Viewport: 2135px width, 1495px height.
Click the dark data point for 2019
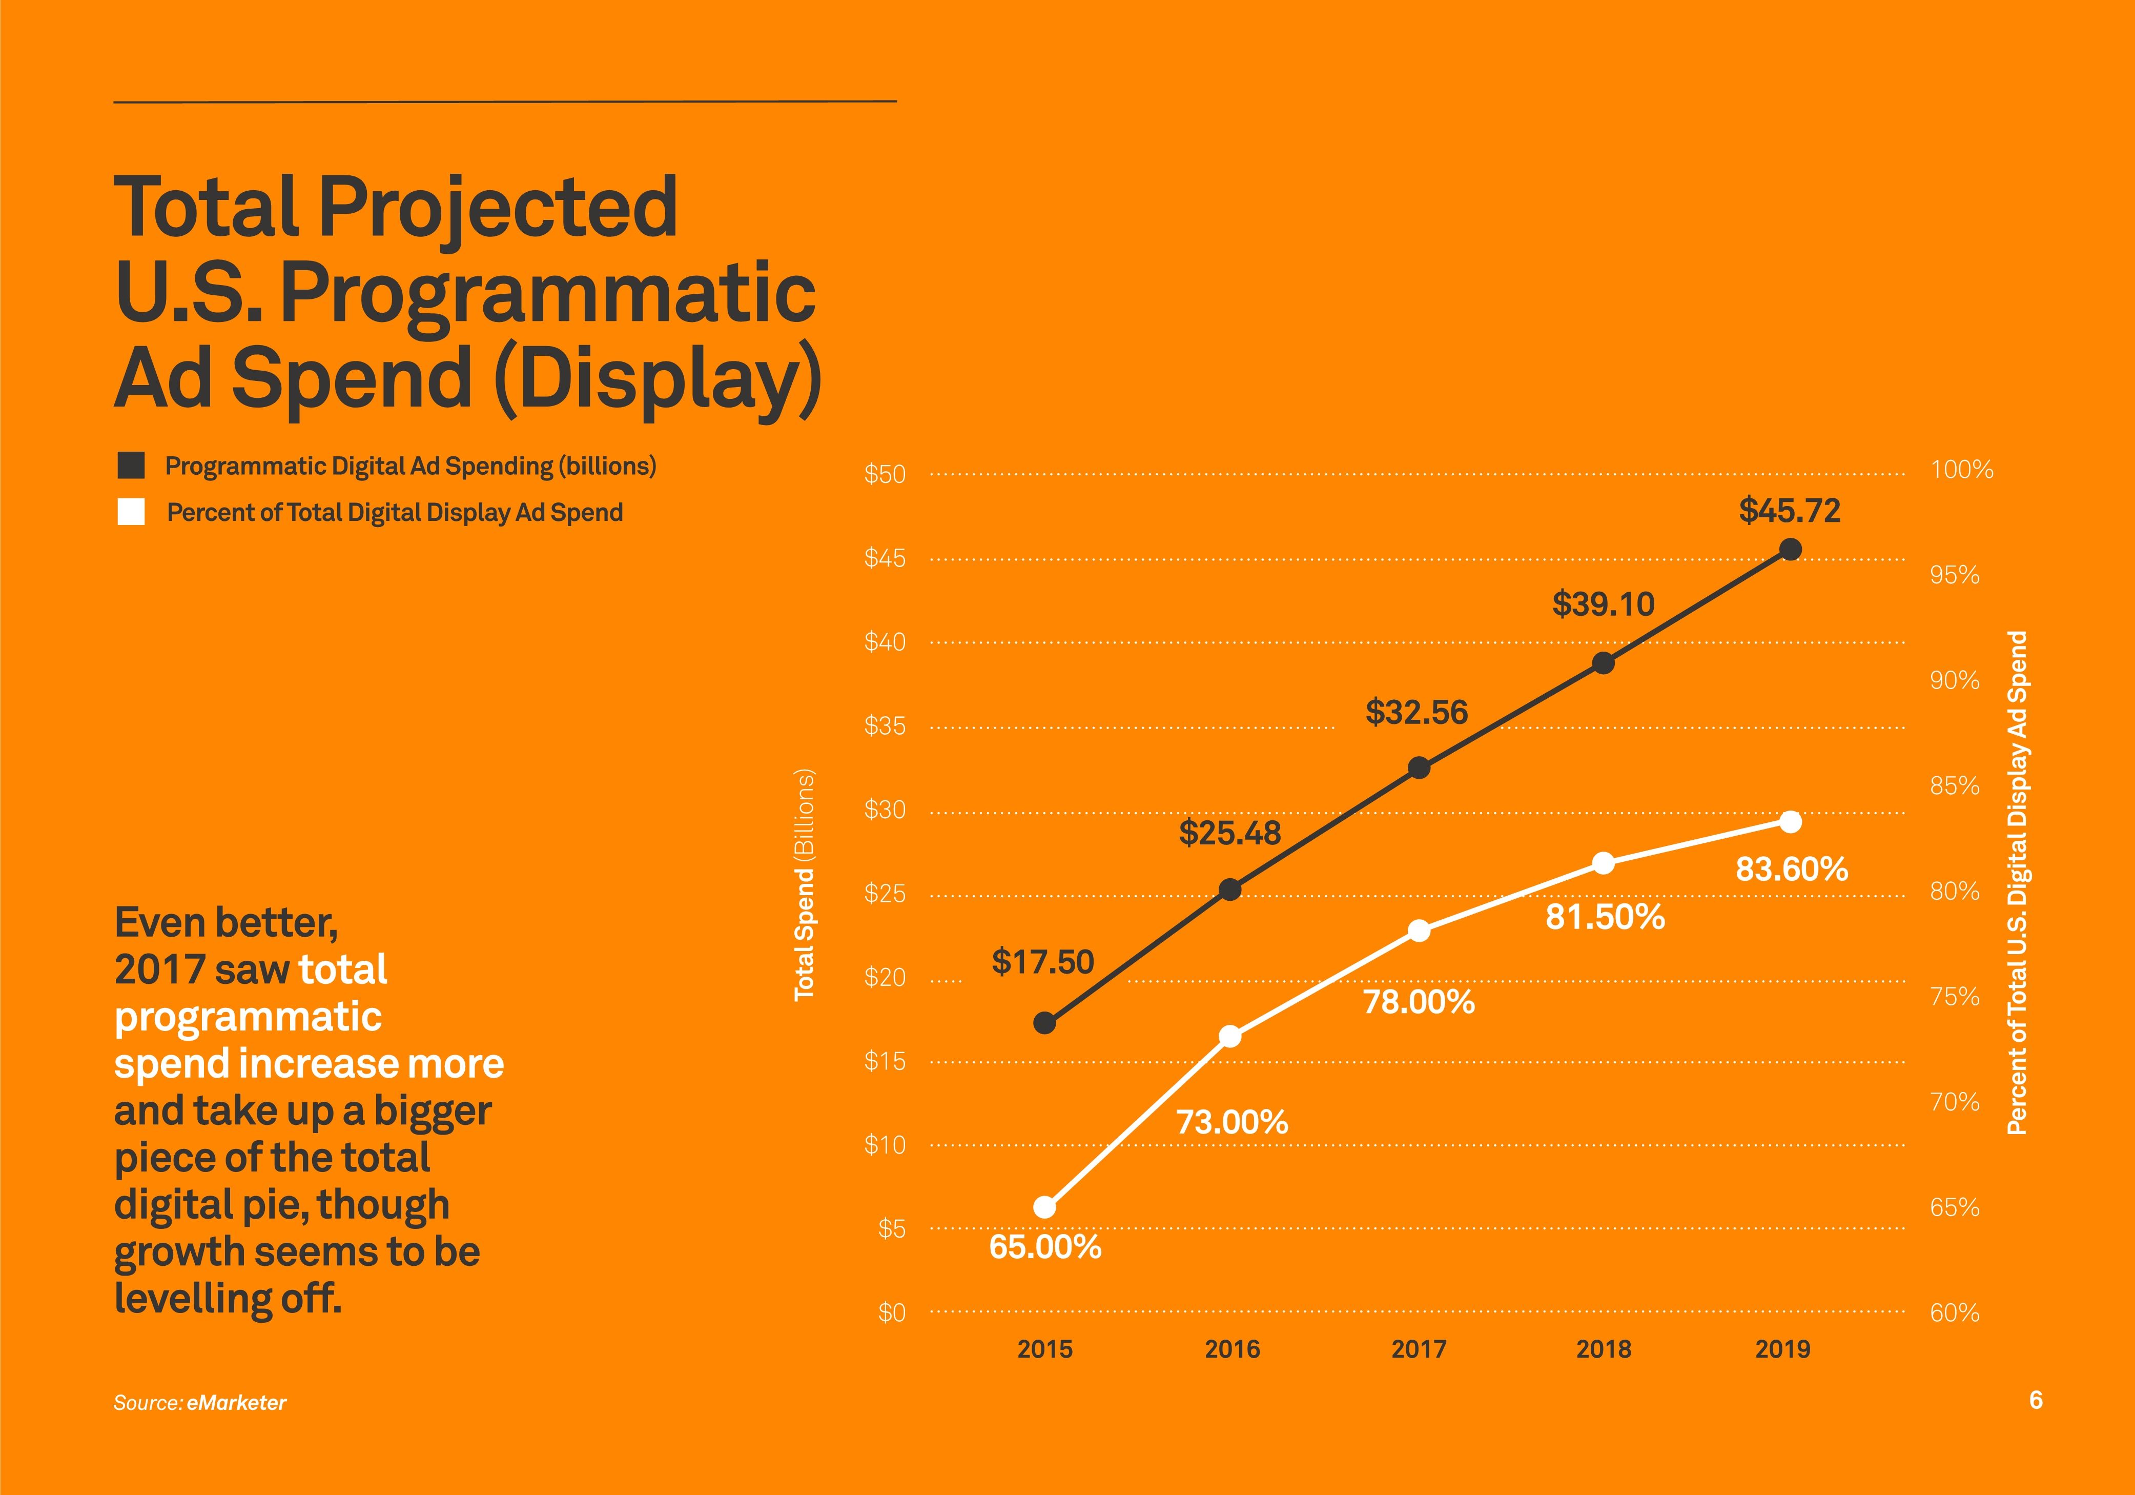tap(1790, 550)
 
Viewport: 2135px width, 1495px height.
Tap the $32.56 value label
tap(1416, 713)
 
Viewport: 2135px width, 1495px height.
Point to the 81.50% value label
tap(1605, 917)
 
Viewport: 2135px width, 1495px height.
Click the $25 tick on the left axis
tap(885, 894)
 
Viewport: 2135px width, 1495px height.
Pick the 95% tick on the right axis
tap(1955, 575)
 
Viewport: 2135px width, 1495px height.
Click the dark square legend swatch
tap(131, 465)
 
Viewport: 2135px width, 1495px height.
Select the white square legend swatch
tap(131, 512)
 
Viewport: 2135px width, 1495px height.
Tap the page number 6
tap(2036, 1400)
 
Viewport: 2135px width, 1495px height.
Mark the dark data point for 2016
tap(1229, 890)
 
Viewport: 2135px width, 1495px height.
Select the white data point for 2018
tap(1603, 863)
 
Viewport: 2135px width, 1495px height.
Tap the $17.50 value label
tap(1042, 962)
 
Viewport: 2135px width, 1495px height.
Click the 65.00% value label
tap(1045, 1247)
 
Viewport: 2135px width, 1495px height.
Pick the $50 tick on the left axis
tap(885, 474)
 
